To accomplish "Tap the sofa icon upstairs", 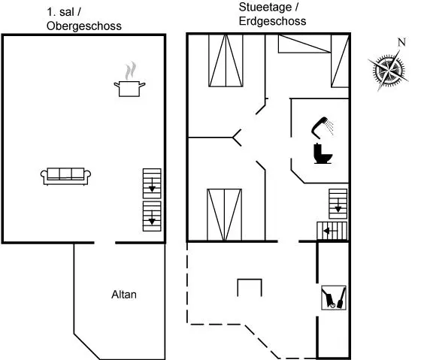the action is (x=66, y=177).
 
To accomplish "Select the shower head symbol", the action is (x=323, y=127).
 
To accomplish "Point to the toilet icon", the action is (x=323, y=153).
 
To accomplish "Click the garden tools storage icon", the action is (x=334, y=298).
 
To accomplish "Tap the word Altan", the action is (x=124, y=295).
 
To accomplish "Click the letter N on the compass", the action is (x=401, y=42).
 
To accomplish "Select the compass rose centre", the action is (x=388, y=71).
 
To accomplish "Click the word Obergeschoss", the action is (x=84, y=26).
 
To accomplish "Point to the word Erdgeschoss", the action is (x=272, y=21).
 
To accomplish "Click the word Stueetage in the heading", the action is (x=265, y=8).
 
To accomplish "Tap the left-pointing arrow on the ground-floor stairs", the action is (x=330, y=231).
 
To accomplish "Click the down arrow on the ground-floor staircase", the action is (x=338, y=205).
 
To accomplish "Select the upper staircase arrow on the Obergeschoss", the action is (x=152, y=185).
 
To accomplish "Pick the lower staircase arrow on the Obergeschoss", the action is (x=152, y=218).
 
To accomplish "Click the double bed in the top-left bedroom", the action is (x=226, y=60).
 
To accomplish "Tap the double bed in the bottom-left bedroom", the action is (x=225, y=215).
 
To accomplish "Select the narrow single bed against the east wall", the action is (x=340, y=61).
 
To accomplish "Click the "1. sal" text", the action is (x=64, y=12).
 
